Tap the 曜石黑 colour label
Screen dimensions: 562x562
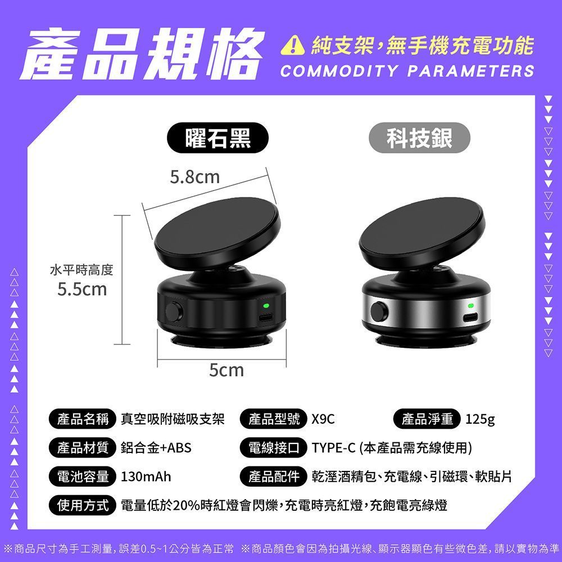click(218, 138)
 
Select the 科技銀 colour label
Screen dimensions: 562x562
click(419, 138)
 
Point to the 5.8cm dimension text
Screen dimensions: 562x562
click(194, 176)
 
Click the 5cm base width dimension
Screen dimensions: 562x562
click(226, 370)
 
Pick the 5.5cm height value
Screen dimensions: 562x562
click(82, 289)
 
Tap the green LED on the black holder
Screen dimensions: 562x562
click(266, 306)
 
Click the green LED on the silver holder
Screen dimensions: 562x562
click(471, 305)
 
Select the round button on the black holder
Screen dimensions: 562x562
click(174, 312)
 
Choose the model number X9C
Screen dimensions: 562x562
click(323, 419)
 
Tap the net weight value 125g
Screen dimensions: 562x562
click(480, 419)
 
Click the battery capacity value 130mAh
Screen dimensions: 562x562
click(146, 477)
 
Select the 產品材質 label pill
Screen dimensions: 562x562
click(83, 448)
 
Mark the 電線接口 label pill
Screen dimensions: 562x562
click(274, 448)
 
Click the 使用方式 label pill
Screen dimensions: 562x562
click(83, 505)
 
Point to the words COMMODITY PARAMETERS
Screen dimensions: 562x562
click(407, 71)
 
